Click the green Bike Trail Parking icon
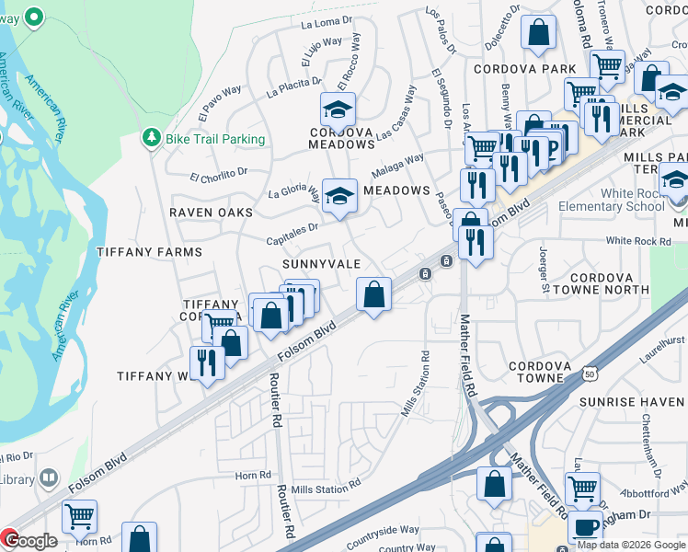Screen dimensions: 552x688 click(x=151, y=138)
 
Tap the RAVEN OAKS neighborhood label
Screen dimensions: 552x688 click(x=210, y=212)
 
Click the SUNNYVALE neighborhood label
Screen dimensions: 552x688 click(x=321, y=263)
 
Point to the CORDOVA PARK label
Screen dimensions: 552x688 click(x=524, y=69)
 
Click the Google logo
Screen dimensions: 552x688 click(x=29, y=541)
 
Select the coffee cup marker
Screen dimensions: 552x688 click(x=585, y=528)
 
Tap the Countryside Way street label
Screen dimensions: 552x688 click(x=384, y=530)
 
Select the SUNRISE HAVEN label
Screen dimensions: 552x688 click(x=633, y=402)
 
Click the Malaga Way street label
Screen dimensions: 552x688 click(x=397, y=166)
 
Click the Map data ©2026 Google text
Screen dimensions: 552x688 click(x=631, y=545)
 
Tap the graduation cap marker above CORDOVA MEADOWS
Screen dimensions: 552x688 click(x=338, y=109)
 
